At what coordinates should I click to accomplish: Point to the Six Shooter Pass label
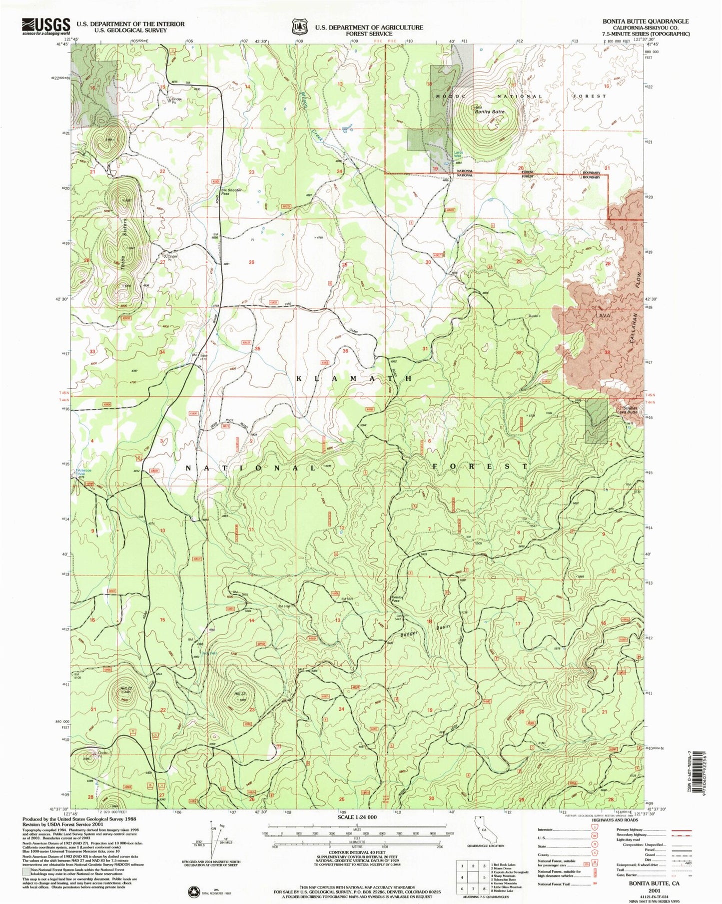tap(232, 192)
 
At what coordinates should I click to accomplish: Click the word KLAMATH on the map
tap(354, 378)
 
